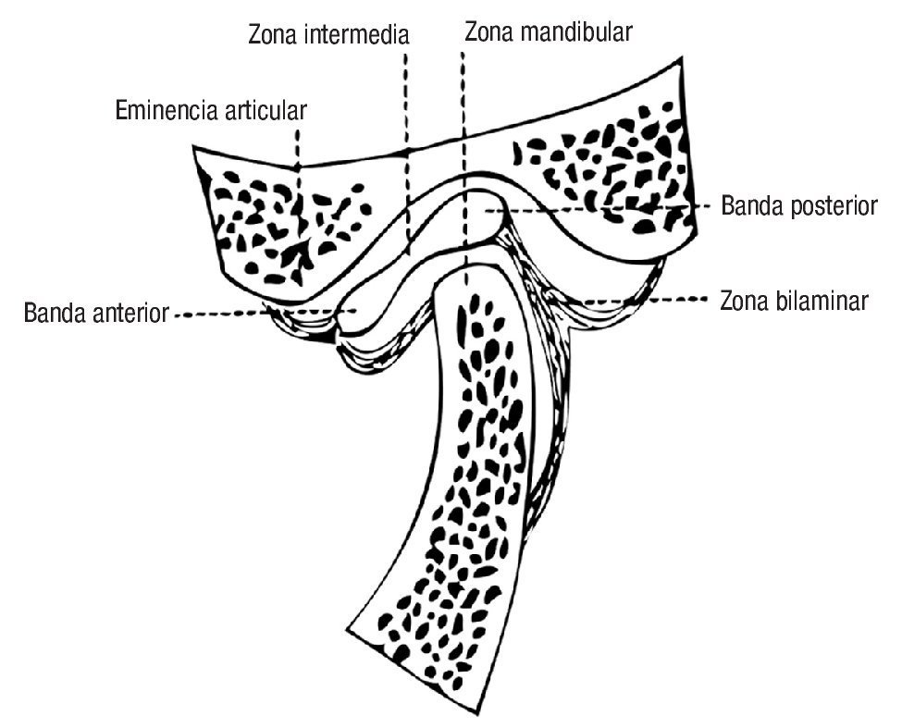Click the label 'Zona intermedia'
point(328,36)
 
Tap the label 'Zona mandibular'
point(548,32)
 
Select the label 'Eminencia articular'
point(211,111)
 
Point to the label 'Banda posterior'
point(798,205)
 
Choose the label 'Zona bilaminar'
point(794,302)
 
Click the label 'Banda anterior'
point(97,313)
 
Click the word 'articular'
point(265,111)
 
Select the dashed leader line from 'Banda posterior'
point(601,209)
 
